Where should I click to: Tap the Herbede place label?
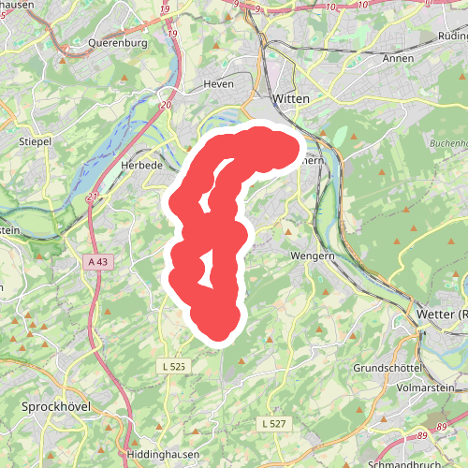142,164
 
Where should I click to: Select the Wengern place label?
312,255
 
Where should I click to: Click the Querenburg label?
118,42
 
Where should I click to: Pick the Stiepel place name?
35,141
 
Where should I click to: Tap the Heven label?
218,83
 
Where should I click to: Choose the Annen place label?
398,58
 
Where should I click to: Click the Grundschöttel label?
385,368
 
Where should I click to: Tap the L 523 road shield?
175,365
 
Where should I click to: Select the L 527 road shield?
273,424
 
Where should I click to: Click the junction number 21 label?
92,197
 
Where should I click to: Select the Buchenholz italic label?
446,141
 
